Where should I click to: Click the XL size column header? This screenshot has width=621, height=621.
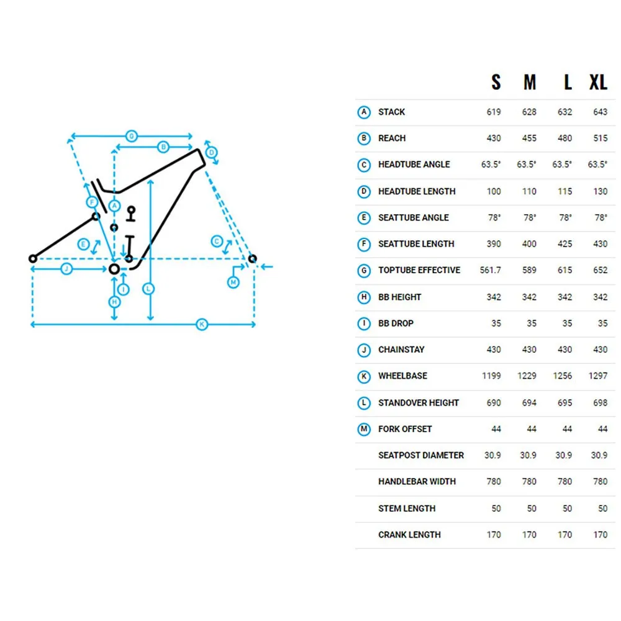pos(598,83)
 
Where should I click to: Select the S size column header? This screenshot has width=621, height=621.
pos(496,83)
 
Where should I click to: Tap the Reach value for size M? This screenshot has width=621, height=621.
pos(529,138)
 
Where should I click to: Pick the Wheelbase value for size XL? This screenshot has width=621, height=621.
pos(598,376)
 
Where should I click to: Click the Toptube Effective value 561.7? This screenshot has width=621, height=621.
pos(491,270)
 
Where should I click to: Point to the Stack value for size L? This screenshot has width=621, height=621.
pos(564,112)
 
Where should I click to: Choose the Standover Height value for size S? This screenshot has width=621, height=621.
pos(494,403)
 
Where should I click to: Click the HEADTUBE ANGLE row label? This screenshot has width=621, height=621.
pos(414,165)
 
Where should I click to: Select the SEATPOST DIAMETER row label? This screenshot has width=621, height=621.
pos(421,455)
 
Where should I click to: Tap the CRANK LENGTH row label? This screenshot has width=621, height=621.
pos(409,535)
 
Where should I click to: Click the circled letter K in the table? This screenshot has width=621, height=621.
pos(364,376)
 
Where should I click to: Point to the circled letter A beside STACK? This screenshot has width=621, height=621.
pos(364,112)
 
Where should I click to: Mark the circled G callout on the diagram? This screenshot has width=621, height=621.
pos(132,136)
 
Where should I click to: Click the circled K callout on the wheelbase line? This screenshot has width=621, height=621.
pos(202,324)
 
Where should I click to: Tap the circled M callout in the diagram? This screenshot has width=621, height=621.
pos(233,283)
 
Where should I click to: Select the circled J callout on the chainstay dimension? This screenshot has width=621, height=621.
pos(66,270)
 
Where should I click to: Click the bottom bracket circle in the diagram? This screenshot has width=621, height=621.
pos(114,270)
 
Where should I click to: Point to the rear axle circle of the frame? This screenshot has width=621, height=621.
pos(33,259)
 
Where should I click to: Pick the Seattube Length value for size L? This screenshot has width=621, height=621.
pos(564,244)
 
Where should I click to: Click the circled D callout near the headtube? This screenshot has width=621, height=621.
pos(212,153)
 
